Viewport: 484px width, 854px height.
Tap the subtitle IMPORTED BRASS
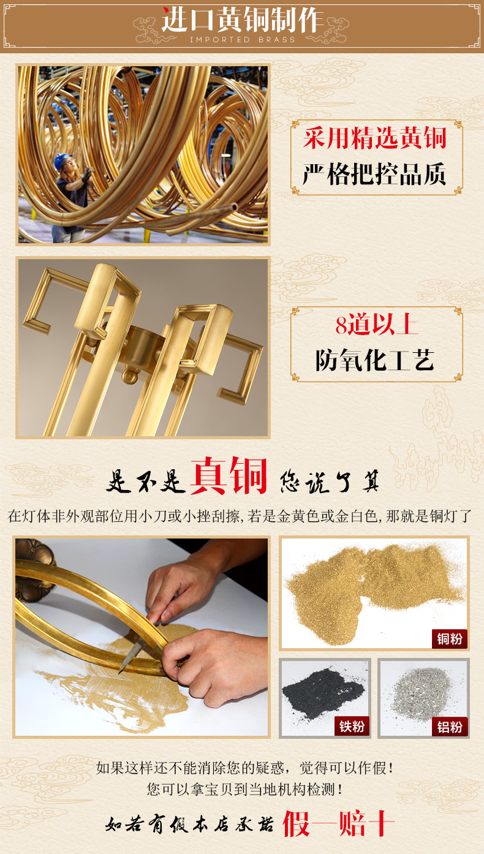click(243, 40)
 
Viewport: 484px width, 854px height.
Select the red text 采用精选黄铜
click(375, 138)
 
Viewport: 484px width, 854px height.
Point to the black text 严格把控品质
click(374, 174)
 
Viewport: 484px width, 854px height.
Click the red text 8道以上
click(376, 325)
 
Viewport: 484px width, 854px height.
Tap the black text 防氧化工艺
click(374, 360)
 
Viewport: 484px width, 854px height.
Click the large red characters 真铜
click(229, 475)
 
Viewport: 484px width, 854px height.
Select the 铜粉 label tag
click(450, 638)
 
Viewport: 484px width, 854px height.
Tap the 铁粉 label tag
click(352, 727)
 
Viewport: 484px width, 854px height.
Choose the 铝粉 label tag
click(450, 727)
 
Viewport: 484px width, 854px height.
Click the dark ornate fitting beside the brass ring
click(34, 569)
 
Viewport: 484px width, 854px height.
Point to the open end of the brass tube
click(234, 207)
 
